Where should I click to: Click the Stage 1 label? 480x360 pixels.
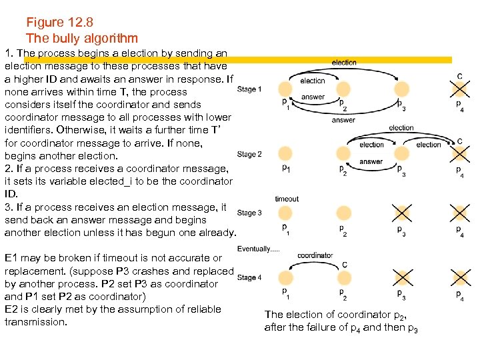coord(249,89)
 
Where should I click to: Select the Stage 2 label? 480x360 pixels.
coord(249,154)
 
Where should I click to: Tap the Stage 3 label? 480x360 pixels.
coord(249,213)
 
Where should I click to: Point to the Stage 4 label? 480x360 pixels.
coord(249,277)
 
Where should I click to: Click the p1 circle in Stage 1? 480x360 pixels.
coord(285,89)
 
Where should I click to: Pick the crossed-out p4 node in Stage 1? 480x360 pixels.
coord(459,89)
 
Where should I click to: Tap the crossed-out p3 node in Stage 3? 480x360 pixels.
coord(401,213)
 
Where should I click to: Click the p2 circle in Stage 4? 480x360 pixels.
coord(344,278)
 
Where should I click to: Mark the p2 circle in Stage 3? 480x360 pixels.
coord(344,213)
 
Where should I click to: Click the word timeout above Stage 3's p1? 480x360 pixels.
coord(287,199)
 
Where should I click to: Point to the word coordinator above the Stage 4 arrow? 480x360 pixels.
coord(315,255)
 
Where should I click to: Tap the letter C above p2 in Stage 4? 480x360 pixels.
coord(345,265)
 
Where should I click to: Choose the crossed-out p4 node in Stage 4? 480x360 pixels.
coord(459,278)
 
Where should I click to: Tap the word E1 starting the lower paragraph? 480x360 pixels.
coord(11,258)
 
